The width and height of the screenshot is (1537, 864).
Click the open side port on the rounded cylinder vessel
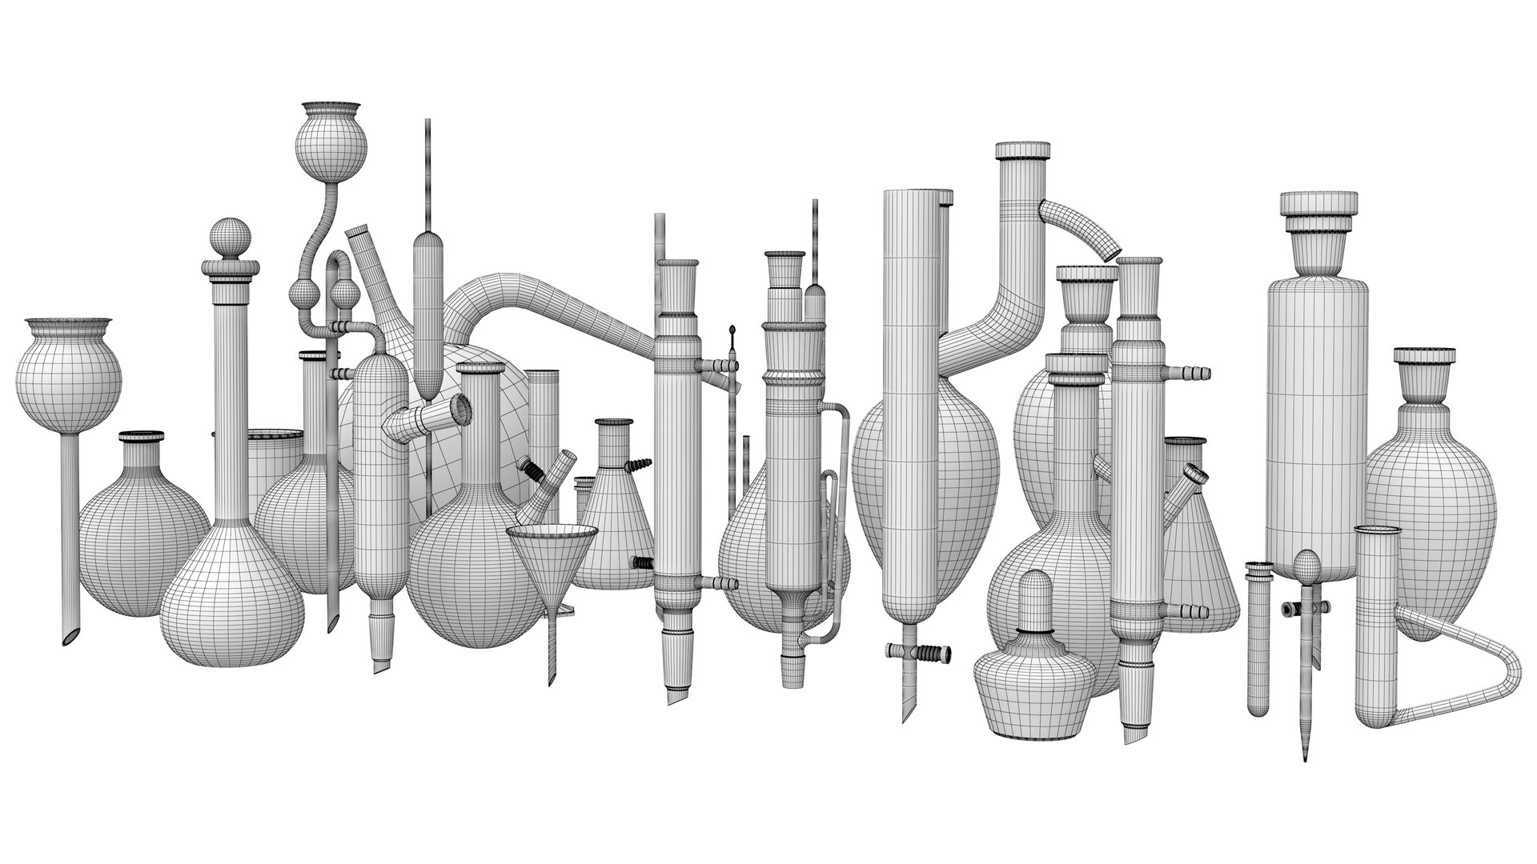click(461, 408)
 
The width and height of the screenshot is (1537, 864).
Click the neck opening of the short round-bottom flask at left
click(142, 438)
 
